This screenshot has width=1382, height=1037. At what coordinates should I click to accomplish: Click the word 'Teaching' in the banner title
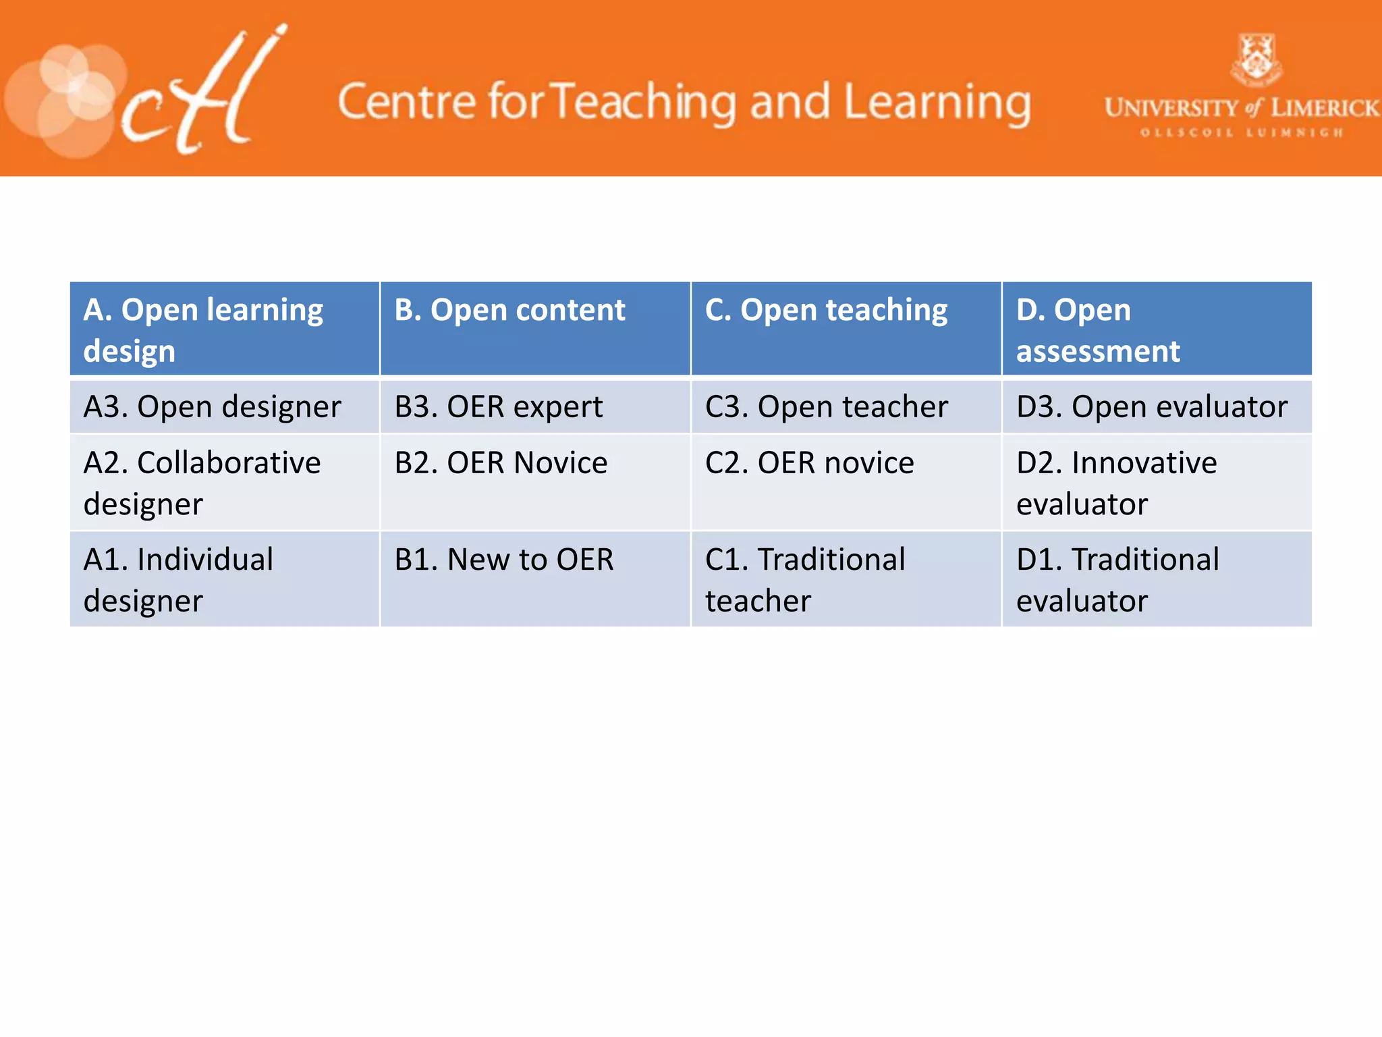coord(644,103)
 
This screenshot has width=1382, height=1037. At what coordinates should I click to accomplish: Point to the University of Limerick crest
coord(1256,60)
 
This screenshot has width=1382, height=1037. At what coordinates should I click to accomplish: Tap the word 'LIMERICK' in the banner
coord(1324,108)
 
